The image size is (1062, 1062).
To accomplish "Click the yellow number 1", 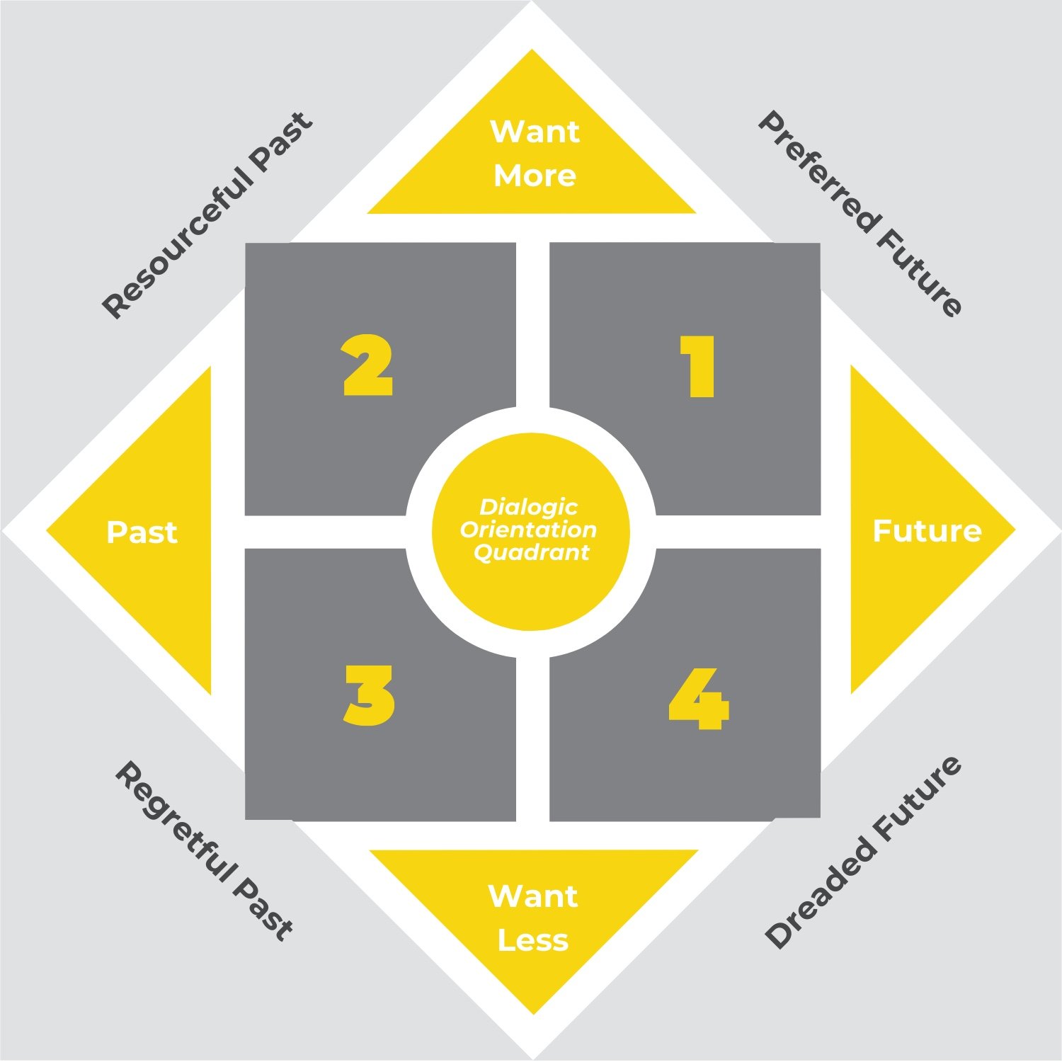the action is (698, 367).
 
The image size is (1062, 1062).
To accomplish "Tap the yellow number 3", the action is (369, 695).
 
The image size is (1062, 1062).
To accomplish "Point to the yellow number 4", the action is (699, 699).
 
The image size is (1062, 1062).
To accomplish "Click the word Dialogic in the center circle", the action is (529, 507).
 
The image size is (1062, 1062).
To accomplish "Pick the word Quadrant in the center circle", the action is (531, 552).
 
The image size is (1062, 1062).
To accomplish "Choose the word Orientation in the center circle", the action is (528, 530).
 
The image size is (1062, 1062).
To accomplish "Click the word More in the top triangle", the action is (535, 176).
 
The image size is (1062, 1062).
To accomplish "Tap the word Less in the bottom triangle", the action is (533, 940).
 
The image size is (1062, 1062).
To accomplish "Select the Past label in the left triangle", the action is (142, 532).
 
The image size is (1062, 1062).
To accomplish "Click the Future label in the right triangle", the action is (927, 531).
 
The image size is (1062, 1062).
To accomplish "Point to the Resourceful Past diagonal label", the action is (207, 215).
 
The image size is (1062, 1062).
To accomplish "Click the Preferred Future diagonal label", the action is (860, 213).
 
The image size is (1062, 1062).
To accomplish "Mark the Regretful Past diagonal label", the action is (204, 851).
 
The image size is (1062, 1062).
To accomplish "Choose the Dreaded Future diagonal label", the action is (864, 852).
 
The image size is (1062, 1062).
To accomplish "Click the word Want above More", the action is (535, 132).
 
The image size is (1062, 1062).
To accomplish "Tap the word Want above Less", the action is (533, 896).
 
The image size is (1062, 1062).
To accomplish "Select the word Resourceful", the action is (177, 245).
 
